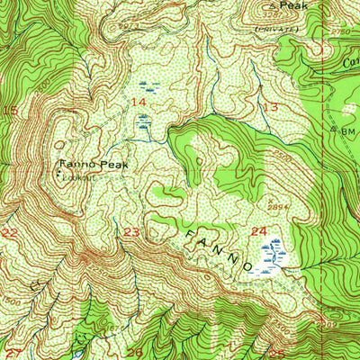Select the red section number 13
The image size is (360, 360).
pos(271,107)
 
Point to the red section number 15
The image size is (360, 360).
pos(11,110)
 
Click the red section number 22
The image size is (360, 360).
pos(10,232)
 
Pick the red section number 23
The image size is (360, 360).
pos(132,232)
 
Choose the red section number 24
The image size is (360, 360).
pos(259,232)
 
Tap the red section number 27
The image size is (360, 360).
pos(13,352)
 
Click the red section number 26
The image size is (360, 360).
pos(135,352)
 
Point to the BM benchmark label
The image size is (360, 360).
pos(348,130)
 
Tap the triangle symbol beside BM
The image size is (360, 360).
pos(335,130)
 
